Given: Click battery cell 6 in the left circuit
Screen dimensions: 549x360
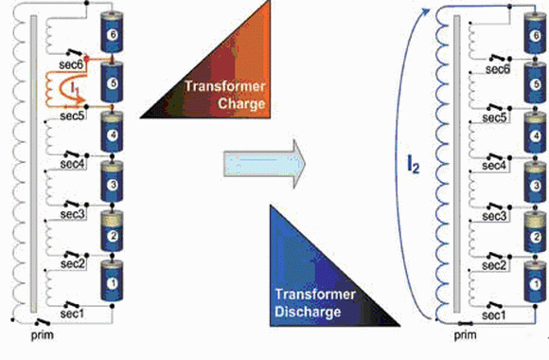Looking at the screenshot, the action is click(x=112, y=32).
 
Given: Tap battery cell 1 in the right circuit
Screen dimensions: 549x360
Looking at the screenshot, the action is click(x=535, y=281).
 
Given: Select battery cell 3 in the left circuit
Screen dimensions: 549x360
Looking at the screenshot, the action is click(x=112, y=182).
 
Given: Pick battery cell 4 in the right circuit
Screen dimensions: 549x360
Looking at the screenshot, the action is click(x=535, y=133).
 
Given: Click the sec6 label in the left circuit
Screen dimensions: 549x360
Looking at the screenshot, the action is click(x=71, y=64).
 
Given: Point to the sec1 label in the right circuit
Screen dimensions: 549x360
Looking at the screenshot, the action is click(x=494, y=315).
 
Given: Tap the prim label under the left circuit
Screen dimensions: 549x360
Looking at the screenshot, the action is click(x=43, y=335).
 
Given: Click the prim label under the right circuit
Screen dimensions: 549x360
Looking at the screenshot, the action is click(x=466, y=335).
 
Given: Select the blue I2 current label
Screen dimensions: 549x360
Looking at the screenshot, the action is click(x=413, y=164).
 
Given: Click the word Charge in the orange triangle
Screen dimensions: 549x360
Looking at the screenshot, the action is click(x=241, y=103).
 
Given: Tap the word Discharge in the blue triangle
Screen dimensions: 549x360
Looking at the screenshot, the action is click(x=308, y=312).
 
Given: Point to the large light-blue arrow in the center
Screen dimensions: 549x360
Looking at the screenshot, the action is click(x=264, y=164).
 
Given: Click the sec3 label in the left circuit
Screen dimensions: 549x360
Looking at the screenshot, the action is click(x=73, y=214).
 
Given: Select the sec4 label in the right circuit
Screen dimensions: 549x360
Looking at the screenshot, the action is click(x=494, y=165).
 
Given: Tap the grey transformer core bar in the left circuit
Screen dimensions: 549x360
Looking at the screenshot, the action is click(x=34, y=164).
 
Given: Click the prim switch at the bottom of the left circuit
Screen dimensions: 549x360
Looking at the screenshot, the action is click(x=42, y=321).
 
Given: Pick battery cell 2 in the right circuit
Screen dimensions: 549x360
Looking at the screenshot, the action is click(x=535, y=232).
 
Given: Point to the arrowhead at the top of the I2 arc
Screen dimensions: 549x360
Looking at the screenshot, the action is click(x=426, y=12).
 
